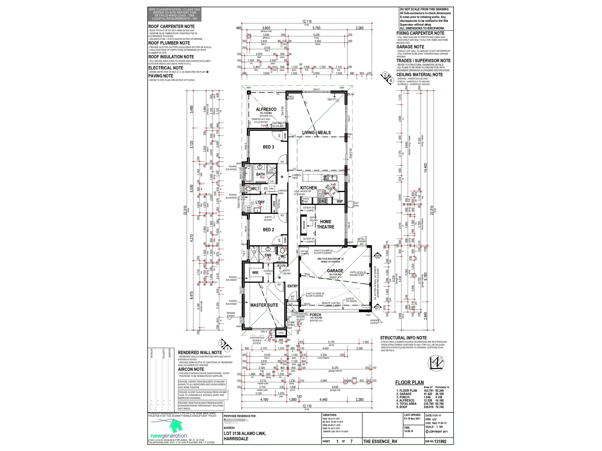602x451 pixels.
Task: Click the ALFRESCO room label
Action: (x=266, y=110)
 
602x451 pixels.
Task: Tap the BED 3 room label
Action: (x=268, y=147)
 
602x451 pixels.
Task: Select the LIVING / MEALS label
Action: (x=316, y=133)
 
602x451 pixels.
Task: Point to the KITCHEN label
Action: (x=308, y=188)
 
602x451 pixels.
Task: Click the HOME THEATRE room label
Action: (x=325, y=224)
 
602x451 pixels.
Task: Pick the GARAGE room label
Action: (x=335, y=271)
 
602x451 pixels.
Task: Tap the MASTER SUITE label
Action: (x=264, y=305)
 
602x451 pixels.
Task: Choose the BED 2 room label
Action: (x=268, y=230)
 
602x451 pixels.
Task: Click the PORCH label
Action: (x=315, y=315)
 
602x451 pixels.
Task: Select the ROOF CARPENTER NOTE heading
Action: (x=171, y=27)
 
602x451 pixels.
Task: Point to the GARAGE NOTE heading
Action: (x=410, y=47)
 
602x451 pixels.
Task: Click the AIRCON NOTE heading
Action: (x=191, y=369)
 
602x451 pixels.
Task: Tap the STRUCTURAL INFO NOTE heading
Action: (x=403, y=338)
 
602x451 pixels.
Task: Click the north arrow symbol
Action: (x=436, y=363)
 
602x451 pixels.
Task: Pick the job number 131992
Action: (x=440, y=442)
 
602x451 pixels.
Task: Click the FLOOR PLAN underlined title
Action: (x=409, y=383)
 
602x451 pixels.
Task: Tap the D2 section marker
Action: (x=377, y=256)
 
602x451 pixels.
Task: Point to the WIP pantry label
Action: (x=340, y=201)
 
